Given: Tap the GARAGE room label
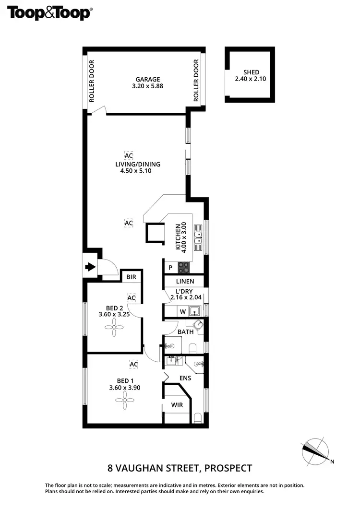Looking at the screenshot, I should [x=147, y=80].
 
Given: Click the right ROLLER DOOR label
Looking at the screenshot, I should [x=196, y=81].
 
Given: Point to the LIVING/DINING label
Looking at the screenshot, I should [x=137, y=164].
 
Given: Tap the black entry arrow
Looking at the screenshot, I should [x=90, y=267].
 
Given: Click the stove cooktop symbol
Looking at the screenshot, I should [x=184, y=267].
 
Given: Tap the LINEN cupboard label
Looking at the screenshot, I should [x=185, y=282].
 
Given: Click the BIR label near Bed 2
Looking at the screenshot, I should [x=131, y=277].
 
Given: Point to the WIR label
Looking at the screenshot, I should [x=177, y=405].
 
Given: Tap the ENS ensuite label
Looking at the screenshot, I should [x=185, y=378].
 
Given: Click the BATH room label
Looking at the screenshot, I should [x=185, y=331].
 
